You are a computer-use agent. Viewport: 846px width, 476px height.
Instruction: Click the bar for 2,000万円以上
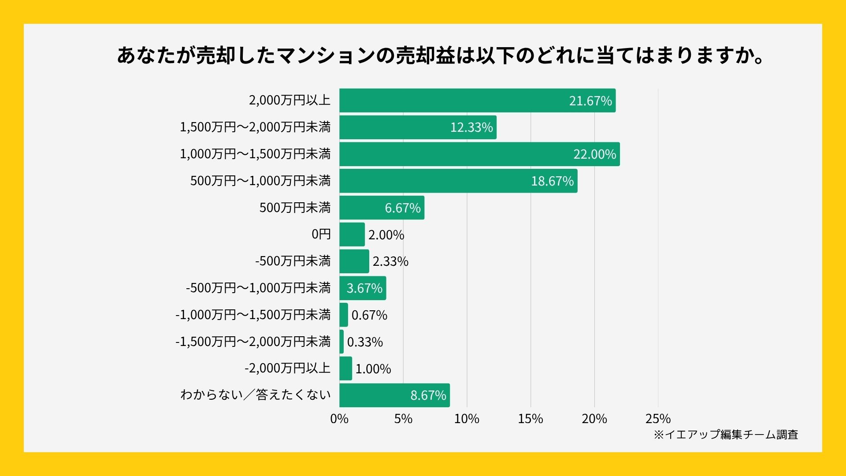click(477, 100)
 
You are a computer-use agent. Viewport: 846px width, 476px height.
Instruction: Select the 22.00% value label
click(594, 154)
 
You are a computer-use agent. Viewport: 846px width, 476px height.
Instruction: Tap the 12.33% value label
click(471, 127)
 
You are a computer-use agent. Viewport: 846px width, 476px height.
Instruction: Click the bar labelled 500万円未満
click(382, 208)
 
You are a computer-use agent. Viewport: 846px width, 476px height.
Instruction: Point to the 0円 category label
click(321, 234)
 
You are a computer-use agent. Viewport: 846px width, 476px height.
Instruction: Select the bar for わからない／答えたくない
click(394, 395)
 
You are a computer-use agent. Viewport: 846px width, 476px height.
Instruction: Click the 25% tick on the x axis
click(658, 419)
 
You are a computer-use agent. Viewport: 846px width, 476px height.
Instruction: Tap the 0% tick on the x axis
click(339, 419)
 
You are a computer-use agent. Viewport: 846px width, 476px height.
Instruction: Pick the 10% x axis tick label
click(467, 419)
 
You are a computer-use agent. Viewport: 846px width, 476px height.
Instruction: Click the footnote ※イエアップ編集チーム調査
click(726, 435)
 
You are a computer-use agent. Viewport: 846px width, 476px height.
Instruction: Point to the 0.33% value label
click(365, 342)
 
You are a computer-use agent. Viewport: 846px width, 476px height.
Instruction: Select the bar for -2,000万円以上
click(345, 368)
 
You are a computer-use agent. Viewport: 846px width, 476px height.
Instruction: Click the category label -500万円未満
click(293, 261)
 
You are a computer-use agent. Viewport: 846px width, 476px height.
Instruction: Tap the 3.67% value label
click(364, 288)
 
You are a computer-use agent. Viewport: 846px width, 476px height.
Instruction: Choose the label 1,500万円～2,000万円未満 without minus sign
click(255, 127)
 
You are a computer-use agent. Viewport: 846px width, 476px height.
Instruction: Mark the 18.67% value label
click(552, 181)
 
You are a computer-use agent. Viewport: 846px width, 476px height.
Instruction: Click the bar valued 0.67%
click(344, 315)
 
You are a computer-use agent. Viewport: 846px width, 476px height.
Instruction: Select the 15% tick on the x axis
click(531, 419)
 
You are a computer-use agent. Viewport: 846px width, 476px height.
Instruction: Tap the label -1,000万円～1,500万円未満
click(253, 315)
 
